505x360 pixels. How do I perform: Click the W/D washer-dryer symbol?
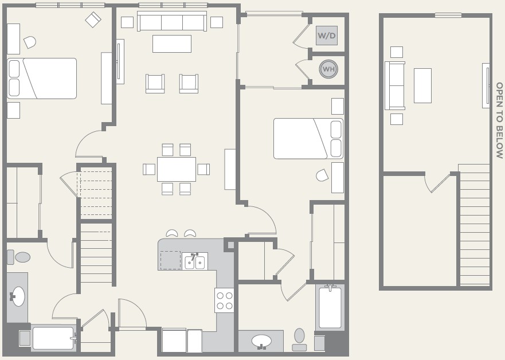[x=327, y=36]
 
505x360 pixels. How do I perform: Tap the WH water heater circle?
[x=328, y=69]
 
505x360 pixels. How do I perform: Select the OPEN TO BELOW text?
[x=499, y=120]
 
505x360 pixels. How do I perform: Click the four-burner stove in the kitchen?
[x=225, y=300]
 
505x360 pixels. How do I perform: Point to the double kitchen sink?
[x=195, y=261]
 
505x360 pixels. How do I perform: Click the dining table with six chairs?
[x=177, y=169]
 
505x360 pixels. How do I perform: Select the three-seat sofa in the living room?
[x=172, y=21]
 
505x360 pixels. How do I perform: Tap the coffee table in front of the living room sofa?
[x=172, y=44]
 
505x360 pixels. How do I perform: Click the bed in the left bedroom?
[x=42, y=78]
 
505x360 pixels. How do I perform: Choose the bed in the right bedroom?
[x=308, y=139]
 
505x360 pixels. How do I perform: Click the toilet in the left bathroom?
[x=19, y=257]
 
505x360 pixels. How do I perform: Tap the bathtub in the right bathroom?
[x=330, y=307]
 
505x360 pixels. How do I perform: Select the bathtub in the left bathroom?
[x=54, y=338]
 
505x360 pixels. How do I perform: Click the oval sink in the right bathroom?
[x=261, y=341]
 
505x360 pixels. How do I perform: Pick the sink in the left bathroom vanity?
[x=18, y=296]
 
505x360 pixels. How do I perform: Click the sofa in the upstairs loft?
[x=395, y=85]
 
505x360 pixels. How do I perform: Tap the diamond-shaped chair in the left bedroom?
[x=93, y=19]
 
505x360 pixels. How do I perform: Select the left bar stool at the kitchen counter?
[x=172, y=233]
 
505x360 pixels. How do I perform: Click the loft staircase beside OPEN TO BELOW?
[x=474, y=225]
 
